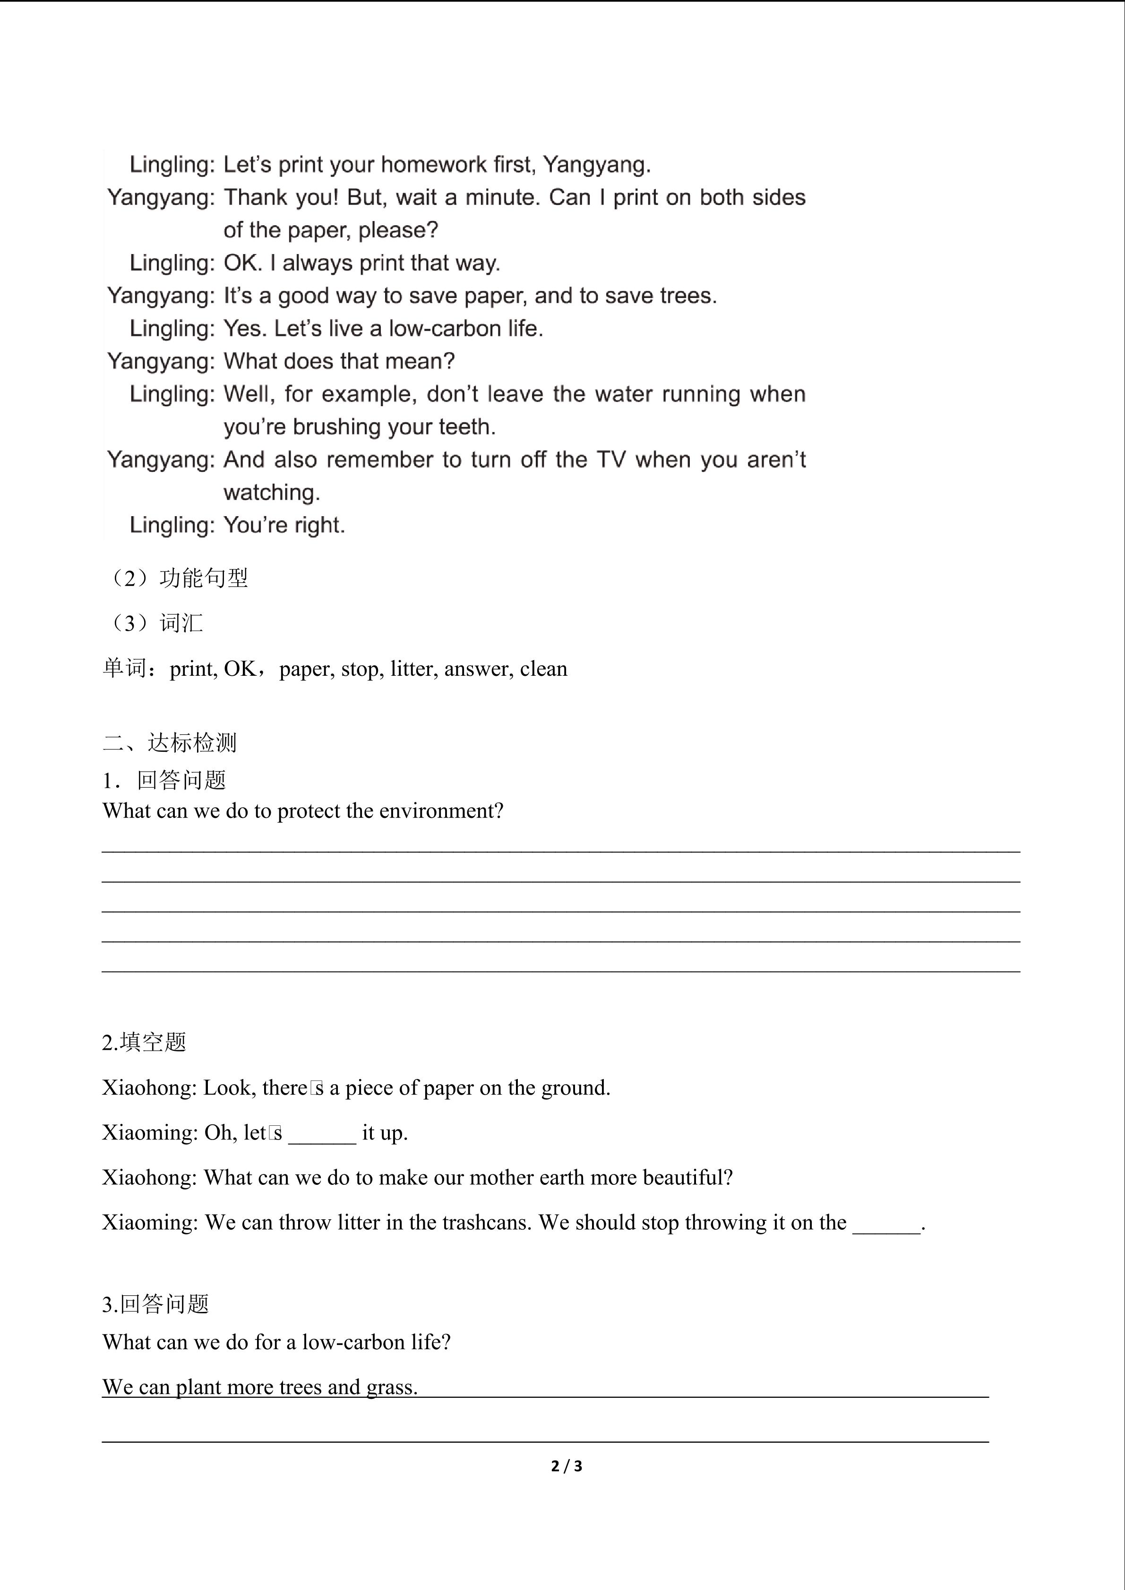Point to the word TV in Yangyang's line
[x=610, y=460]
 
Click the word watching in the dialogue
[x=271, y=493]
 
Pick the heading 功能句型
[x=204, y=578]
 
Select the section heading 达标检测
[x=192, y=743]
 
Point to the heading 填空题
[x=153, y=1042]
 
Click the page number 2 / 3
[x=567, y=1466]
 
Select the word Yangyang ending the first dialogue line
[x=596, y=165]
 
